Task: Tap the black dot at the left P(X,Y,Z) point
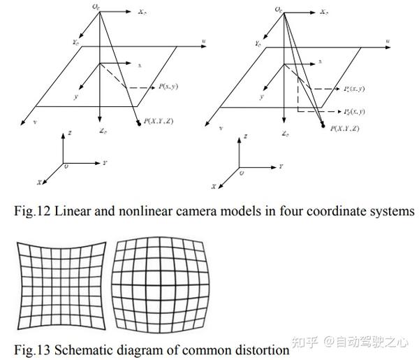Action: point(139,123)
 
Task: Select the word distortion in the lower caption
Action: point(259,348)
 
